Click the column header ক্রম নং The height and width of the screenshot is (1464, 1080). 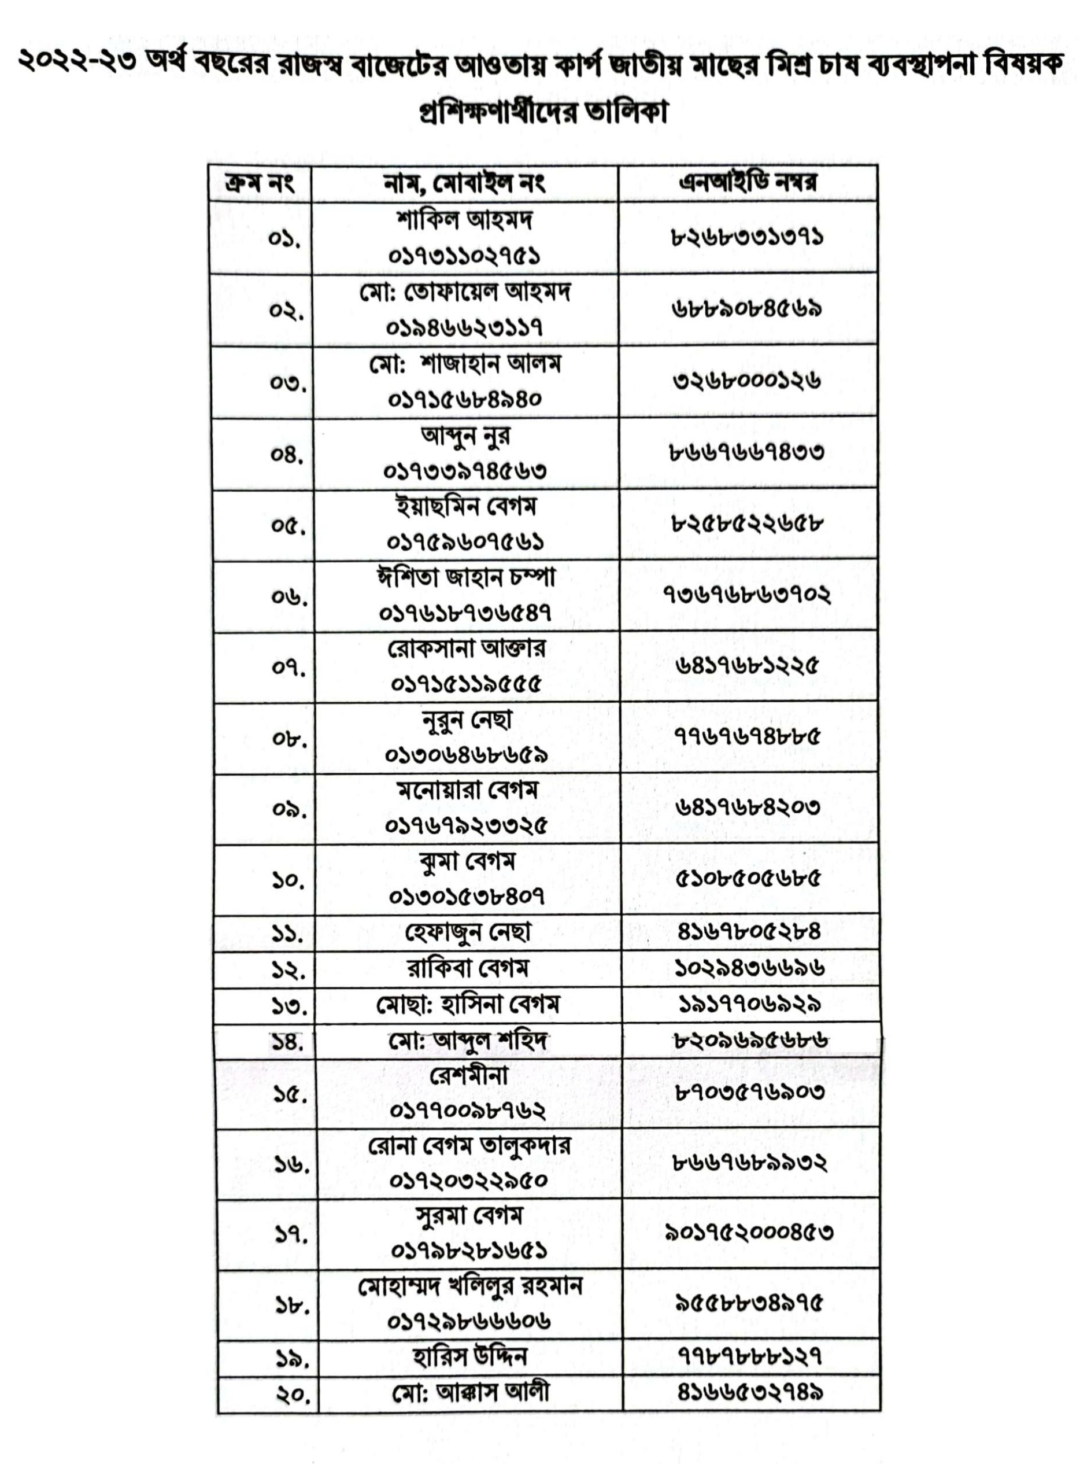[x=259, y=182]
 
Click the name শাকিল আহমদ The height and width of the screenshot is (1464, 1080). [x=464, y=220]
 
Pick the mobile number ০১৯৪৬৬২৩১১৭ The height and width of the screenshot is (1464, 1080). [x=464, y=327]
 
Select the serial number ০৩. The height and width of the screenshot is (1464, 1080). [x=288, y=382]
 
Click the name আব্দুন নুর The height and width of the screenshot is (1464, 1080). [x=465, y=435]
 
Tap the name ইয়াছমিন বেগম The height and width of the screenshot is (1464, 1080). [x=465, y=507]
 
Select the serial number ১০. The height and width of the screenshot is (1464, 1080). [x=289, y=880]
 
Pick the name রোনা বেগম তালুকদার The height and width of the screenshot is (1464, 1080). [x=469, y=1145]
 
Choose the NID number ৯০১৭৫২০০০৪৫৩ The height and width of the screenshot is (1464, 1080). [x=749, y=1233]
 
